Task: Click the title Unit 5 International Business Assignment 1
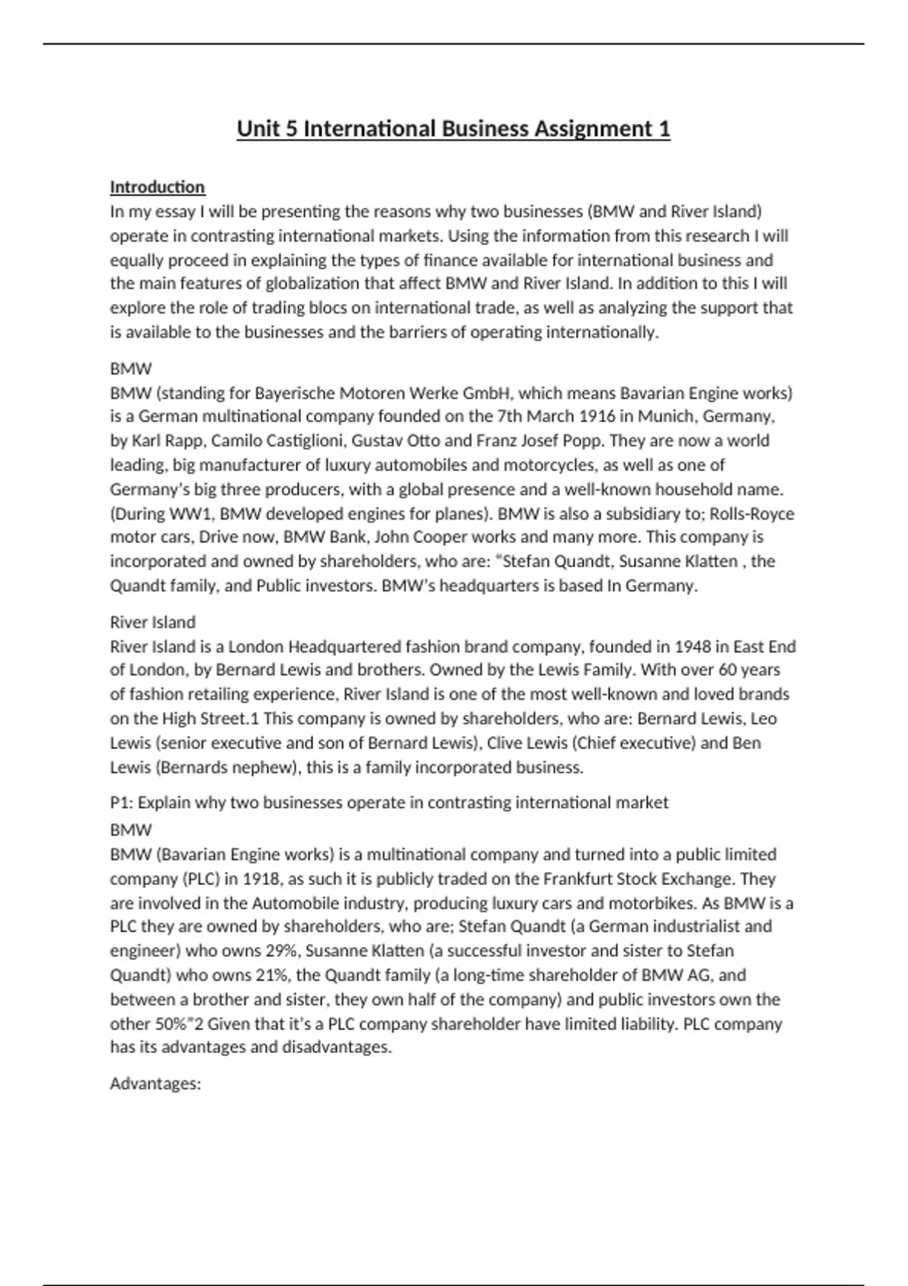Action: click(453, 129)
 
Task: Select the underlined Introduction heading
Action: click(157, 187)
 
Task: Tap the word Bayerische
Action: click(294, 393)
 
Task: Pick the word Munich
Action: click(669, 417)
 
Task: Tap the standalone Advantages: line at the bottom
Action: click(155, 1084)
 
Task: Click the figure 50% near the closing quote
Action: click(167, 1024)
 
